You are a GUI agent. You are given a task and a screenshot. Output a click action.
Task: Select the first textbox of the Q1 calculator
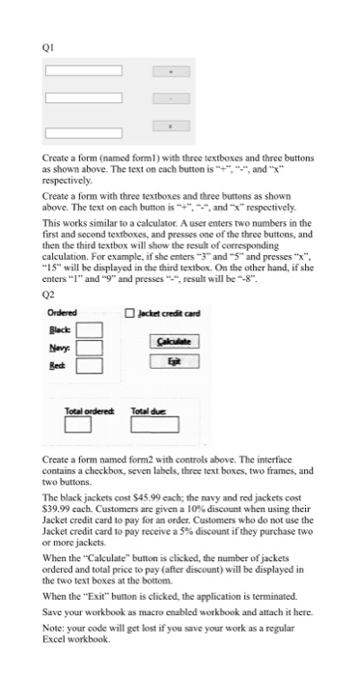[82, 70]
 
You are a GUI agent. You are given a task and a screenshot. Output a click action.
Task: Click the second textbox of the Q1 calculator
[82, 98]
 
